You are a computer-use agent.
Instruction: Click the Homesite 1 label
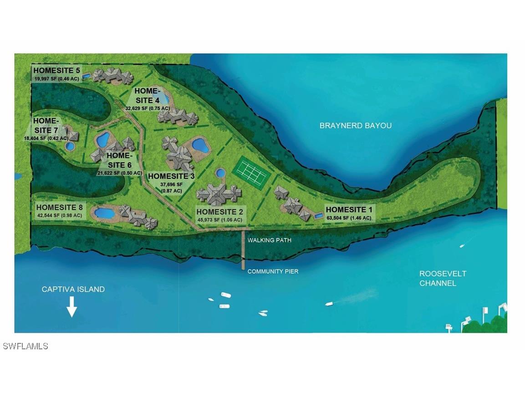349,210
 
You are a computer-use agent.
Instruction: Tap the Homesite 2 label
220,212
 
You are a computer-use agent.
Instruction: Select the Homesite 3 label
171,176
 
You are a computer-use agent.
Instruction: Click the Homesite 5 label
56,71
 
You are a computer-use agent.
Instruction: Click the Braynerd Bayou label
356,125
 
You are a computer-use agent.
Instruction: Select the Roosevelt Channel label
437,278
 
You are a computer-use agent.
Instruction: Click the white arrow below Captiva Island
71,307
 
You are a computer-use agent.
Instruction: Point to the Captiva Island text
73,289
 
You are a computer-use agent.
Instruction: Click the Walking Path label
269,240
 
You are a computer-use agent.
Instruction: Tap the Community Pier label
273,271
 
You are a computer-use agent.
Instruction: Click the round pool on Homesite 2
220,173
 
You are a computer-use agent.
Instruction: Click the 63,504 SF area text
349,218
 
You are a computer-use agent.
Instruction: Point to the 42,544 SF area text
59,215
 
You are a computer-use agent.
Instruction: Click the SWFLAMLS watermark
25,347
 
